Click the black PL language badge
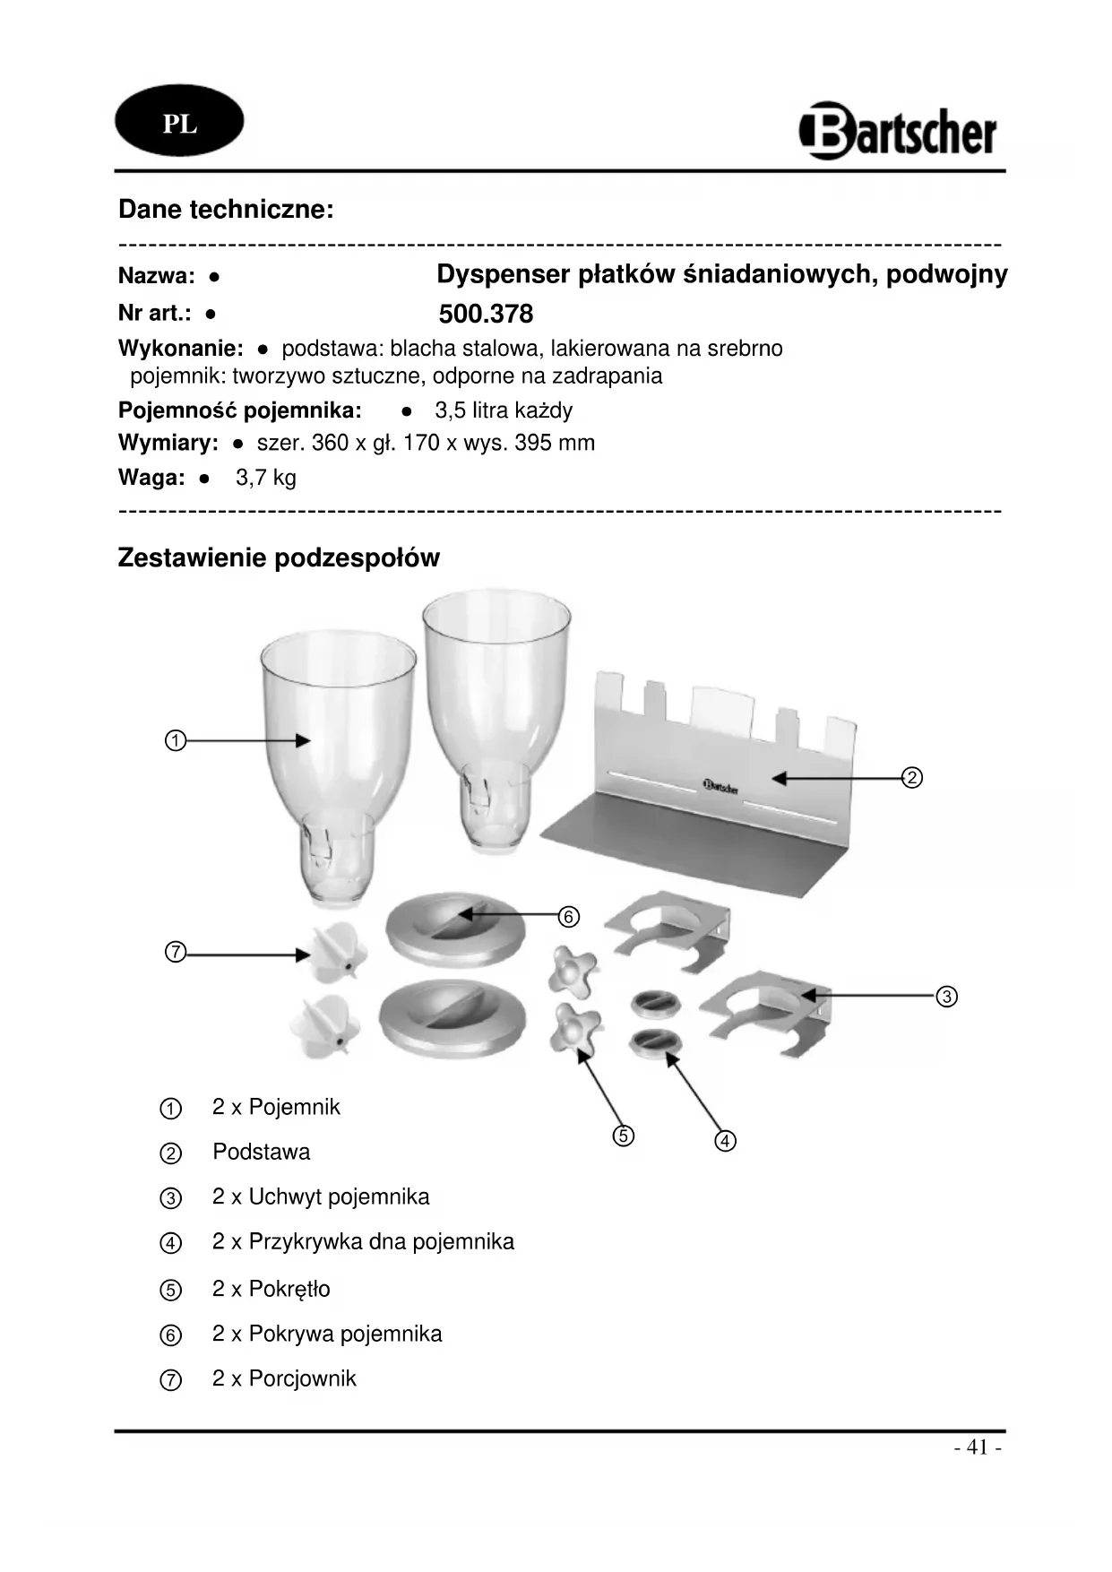(179, 123)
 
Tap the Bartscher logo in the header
(897, 132)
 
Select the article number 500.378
(486, 314)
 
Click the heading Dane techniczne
(226, 210)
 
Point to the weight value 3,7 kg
(266, 478)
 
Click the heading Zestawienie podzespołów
(279, 558)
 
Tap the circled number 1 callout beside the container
(176, 741)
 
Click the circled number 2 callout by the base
(911, 778)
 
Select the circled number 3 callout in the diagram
(946, 996)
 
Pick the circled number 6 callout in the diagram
(568, 917)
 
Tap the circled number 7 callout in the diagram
(176, 952)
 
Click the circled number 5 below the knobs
(624, 1136)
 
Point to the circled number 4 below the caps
(725, 1141)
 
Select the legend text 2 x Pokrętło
(271, 1289)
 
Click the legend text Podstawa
(261, 1152)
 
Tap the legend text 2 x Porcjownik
(283, 1378)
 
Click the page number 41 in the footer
(978, 1447)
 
